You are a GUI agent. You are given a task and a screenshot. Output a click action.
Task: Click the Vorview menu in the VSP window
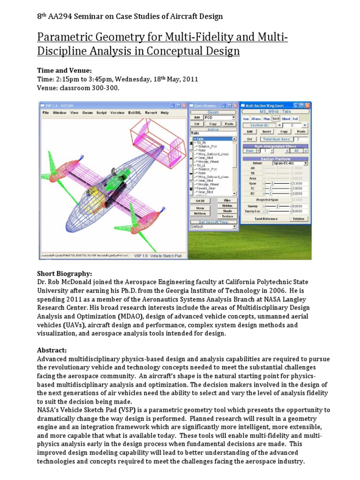pyautogui.click(x=117, y=113)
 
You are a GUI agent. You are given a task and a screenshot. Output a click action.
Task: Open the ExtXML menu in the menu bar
pyautogui.click(x=134, y=113)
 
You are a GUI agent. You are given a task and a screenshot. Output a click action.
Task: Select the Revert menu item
pyautogui.click(x=151, y=113)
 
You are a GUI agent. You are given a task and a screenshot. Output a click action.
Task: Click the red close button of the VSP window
pyautogui.click(x=183, y=106)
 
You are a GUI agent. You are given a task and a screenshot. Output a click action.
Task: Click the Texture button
pyautogui.click(x=227, y=216)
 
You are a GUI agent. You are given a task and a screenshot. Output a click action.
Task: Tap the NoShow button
pyautogui.click(x=200, y=213)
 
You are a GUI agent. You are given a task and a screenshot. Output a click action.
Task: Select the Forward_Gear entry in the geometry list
pyautogui.click(x=205, y=188)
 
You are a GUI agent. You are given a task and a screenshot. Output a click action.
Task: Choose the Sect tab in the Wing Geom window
pyautogui.click(x=276, y=119)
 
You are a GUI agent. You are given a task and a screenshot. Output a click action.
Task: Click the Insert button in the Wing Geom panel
pyautogui.click(x=267, y=132)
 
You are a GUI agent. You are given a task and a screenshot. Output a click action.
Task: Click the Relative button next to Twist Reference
pyautogui.click(x=298, y=218)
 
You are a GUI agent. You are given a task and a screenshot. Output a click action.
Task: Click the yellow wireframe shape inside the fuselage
pyautogui.click(x=93, y=187)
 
